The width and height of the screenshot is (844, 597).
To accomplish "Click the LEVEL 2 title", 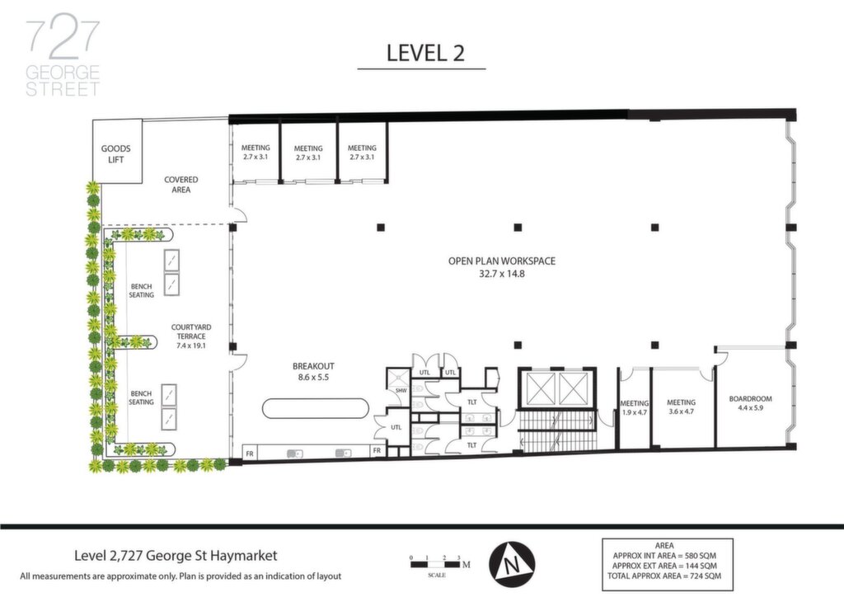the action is pos(425,53).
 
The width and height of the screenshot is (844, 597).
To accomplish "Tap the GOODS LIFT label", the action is pos(115,154).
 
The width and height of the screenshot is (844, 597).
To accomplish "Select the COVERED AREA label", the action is pos(181,185).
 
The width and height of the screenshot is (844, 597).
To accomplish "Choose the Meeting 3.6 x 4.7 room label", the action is pos(681,407).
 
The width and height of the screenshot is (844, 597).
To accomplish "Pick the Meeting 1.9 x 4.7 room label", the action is pos(634,407).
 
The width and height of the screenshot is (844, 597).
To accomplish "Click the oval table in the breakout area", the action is pos(316,408).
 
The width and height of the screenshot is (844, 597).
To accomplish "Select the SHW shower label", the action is pos(401,390).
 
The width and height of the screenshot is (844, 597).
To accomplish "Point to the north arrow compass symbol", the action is pos(512,564).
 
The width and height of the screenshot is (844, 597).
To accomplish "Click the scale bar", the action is pos(436,565).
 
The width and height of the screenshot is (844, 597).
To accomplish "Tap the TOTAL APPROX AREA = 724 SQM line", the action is pos(664,576).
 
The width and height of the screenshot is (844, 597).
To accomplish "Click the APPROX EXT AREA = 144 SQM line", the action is pos(664,566).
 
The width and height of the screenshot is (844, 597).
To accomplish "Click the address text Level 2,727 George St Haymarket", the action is pos(176,555).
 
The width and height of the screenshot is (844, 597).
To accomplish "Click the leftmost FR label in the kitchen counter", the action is pos(250,454).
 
